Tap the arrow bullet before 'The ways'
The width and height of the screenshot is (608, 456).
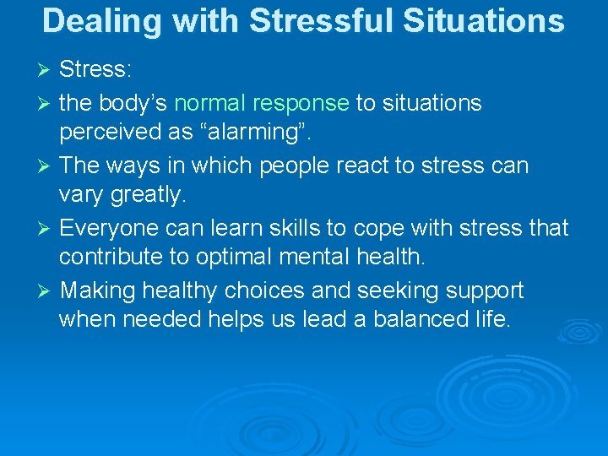point(47,166)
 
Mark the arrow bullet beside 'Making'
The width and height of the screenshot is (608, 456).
point(47,290)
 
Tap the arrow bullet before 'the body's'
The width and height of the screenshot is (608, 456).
point(47,103)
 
